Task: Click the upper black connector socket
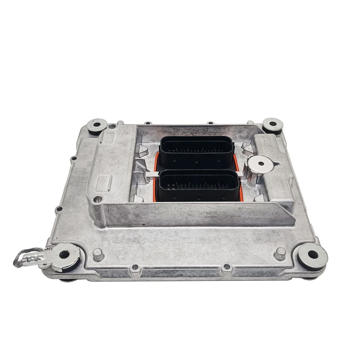[x=197, y=152]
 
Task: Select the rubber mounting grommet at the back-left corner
[x=97, y=125]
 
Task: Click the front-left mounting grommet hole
[x=64, y=254]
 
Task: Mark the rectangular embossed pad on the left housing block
[x=105, y=183]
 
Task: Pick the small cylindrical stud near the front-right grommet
[x=280, y=252]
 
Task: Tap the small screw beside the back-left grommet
[x=111, y=127]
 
